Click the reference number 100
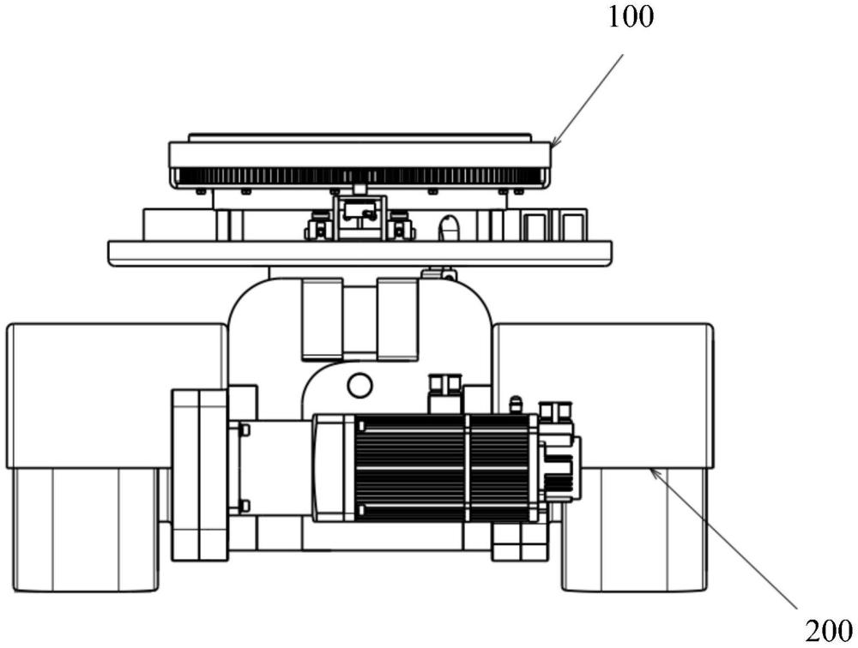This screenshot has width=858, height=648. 631,17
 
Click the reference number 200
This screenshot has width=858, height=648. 829,632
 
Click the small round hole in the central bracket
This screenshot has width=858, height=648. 359,385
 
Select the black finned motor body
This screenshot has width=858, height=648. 444,467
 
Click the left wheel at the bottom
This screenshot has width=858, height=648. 86,530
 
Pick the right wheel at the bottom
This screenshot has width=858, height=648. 635,530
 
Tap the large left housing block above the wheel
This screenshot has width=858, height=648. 117,396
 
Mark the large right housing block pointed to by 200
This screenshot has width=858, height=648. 603,396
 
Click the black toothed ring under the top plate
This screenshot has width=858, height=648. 359,176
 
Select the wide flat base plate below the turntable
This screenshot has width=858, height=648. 360,254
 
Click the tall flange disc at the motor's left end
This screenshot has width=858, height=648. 200,475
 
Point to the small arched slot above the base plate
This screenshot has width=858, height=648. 449,226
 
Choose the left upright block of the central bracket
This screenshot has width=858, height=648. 323,320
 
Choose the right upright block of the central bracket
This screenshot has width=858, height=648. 398,320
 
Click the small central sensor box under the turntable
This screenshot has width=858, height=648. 359,217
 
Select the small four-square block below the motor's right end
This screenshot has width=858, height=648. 520,543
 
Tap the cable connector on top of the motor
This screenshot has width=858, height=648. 445,393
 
